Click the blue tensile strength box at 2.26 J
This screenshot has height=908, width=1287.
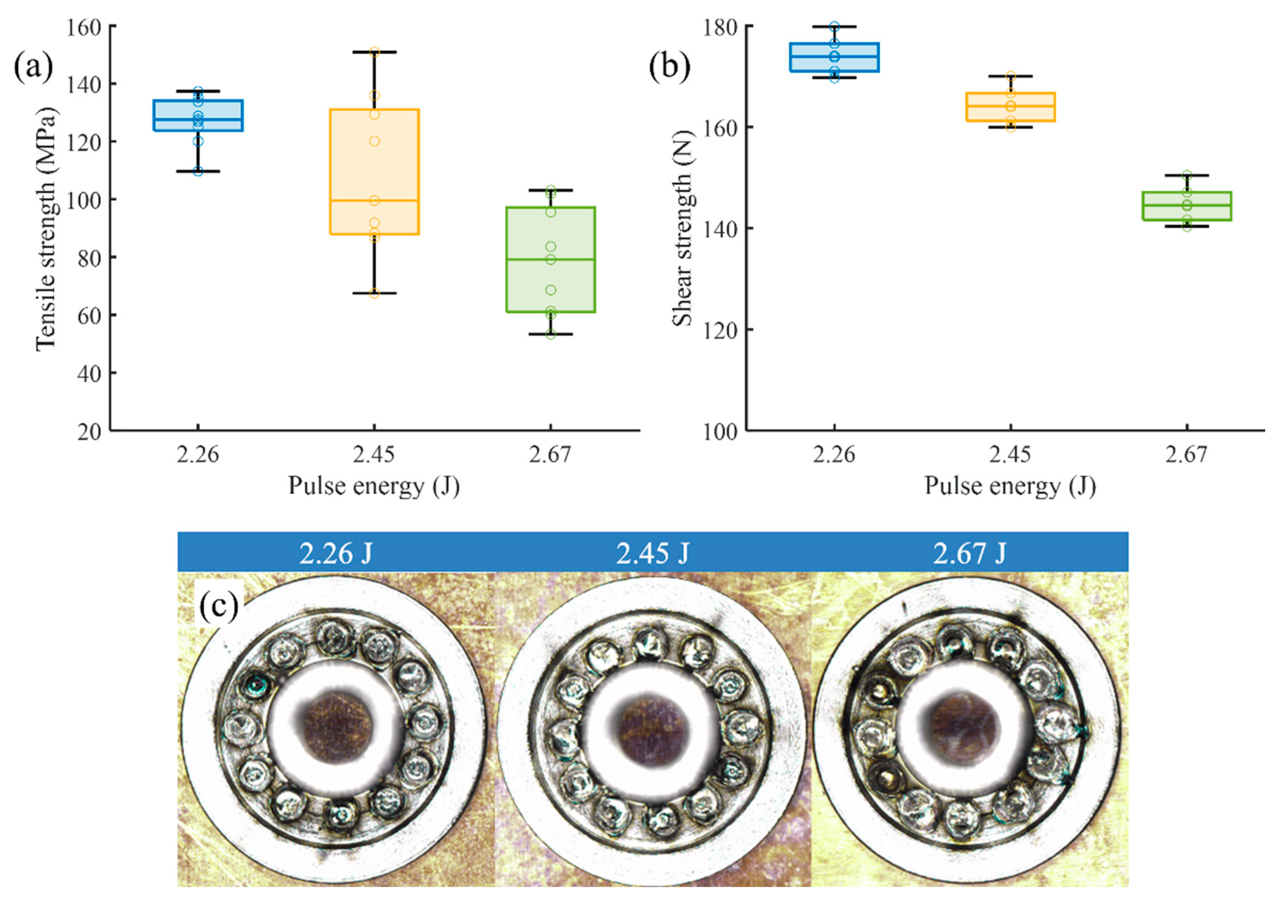tap(198, 116)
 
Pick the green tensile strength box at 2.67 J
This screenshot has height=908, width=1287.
tap(550, 259)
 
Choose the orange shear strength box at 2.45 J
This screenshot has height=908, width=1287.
tap(1010, 107)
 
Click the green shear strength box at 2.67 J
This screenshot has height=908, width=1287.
tap(1187, 206)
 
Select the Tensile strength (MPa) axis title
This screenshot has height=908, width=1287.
tap(46, 229)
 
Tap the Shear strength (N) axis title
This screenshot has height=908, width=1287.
tap(682, 229)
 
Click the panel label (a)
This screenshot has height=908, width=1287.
tap(34, 67)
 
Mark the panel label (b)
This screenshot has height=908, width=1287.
tap(669, 67)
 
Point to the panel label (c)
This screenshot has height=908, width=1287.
tap(219, 606)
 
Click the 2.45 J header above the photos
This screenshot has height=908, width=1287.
tap(652, 553)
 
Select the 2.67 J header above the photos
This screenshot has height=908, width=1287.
tap(969, 553)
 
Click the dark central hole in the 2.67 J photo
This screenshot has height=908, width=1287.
tap(965, 727)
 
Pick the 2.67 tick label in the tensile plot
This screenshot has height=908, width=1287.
tap(550, 454)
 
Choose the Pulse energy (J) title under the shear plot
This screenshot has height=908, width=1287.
tap(1010, 486)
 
